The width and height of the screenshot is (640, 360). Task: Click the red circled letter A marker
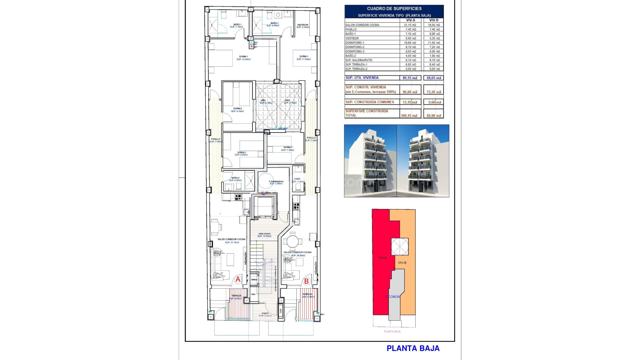(238, 280)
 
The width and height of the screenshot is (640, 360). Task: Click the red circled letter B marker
(306, 281)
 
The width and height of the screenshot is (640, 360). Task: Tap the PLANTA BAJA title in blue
(413, 348)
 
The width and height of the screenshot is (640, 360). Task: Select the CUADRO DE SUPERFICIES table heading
(394, 9)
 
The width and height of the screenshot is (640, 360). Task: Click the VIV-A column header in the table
(410, 20)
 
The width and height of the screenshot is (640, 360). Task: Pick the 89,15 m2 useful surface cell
(410, 78)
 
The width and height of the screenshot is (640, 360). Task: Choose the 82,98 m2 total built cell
(434, 116)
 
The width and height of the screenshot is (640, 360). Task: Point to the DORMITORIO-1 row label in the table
(355, 43)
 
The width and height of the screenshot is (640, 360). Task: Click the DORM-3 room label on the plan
(241, 153)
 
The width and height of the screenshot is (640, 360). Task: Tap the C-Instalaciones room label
(276, 182)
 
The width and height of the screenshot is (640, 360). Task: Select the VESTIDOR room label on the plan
(303, 25)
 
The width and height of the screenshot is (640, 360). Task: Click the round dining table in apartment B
(292, 241)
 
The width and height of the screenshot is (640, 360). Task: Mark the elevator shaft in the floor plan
(263, 207)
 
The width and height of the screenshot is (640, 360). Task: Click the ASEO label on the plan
(297, 179)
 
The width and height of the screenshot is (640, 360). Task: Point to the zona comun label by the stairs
(264, 234)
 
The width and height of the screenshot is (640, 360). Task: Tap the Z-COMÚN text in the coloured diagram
(392, 297)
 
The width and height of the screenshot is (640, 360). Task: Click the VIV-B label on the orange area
(402, 263)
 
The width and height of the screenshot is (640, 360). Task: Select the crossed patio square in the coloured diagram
(399, 247)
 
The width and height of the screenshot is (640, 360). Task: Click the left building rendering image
(370, 161)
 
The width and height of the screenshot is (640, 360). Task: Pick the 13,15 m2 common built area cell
(410, 102)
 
